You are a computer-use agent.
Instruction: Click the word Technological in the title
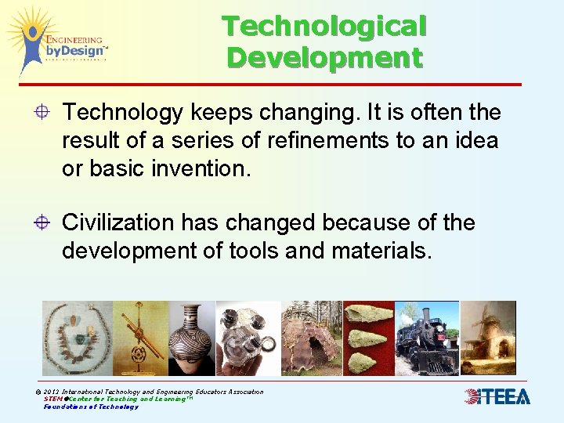point(324,26)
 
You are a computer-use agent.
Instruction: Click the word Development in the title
point(324,57)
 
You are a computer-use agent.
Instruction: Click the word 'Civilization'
point(120,223)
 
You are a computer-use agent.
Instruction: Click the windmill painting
point(487,337)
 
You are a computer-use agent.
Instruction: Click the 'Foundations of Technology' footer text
point(91,407)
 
